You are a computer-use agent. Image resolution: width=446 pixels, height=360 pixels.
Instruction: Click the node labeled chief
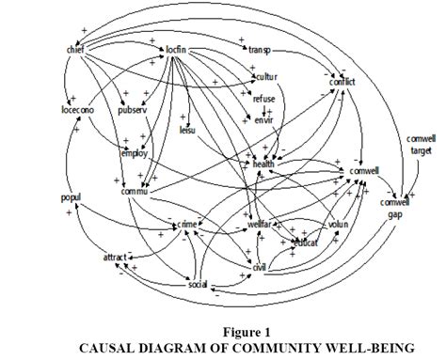tap(76, 49)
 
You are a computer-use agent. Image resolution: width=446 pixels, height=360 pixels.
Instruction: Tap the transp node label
tap(260, 50)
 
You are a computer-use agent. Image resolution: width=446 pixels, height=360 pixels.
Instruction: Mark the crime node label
tap(187, 226)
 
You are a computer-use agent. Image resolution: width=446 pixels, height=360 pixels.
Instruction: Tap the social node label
tap(197, 284)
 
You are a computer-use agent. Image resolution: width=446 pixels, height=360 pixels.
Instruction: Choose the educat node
tap(304, 242)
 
